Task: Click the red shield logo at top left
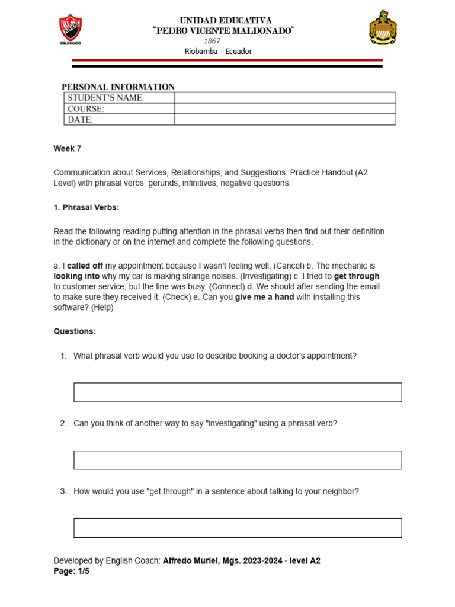[71, 29]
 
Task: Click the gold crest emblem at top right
[383, 28]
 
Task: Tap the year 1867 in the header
[212, 41]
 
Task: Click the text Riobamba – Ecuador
[218, 51]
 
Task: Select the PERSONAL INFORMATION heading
[118, 87]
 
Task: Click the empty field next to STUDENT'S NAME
[284, 98]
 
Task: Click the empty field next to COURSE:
[284, 109]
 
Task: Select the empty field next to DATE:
[284, 120]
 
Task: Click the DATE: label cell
[118, 120]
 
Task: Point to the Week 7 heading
[67, 149]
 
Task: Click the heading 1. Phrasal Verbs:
[86, 207]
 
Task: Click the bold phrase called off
[85, 266]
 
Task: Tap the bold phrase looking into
[78, 276]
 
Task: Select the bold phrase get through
[357, 276]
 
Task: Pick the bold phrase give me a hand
[264, 297]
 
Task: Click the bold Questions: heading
[75, 331]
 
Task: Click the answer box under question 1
[238, 392]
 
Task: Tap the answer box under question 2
[238, 460]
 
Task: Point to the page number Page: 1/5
[71, 572]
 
